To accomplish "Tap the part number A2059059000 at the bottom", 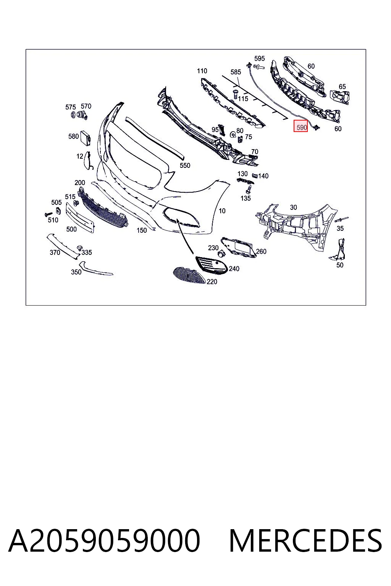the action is [104, 541].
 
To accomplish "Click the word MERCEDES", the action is [305, 541].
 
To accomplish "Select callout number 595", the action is [260, 58].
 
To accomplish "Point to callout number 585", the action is [236, 72].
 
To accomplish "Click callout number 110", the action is [202, 71].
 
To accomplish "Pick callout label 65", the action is [342, 86].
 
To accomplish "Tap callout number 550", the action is [185, 165].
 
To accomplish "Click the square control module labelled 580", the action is [86, 138].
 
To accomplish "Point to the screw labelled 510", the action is [49, 214].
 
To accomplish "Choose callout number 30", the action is [293, 207].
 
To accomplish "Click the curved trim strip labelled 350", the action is [94, 269].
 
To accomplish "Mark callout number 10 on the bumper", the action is [222, 211].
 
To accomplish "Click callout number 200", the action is [80, 183].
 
